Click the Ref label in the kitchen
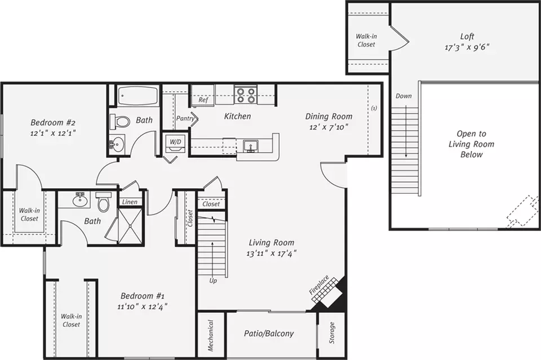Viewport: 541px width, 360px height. click(x=203, y=100)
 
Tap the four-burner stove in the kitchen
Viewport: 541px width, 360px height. click(x=246, y=95)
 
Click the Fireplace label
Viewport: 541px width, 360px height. click(x=319, y=285)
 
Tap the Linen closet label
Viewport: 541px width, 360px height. click(x=130, y=202)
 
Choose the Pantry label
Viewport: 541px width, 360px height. click(x=185, y=118)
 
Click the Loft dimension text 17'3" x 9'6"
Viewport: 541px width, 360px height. click(x=467, y=47)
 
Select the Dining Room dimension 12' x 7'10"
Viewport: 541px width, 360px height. click(x=329, y=127)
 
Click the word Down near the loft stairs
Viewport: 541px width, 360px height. click(x=403, y=96)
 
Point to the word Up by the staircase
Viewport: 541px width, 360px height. click(x=213, y=281)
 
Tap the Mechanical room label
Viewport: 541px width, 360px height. click(x=211, y=336)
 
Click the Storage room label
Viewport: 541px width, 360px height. click(x=332, y=333)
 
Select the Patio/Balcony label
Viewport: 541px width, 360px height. click(x=269, y=334)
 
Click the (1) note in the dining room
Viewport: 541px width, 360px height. click(x=374, y=108)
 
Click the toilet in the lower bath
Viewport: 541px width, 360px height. click(x=103, y=202)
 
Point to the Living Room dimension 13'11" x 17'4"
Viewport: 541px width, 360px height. click(x=272, y=254)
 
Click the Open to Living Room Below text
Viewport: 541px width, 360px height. click(x=471, y=144)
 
